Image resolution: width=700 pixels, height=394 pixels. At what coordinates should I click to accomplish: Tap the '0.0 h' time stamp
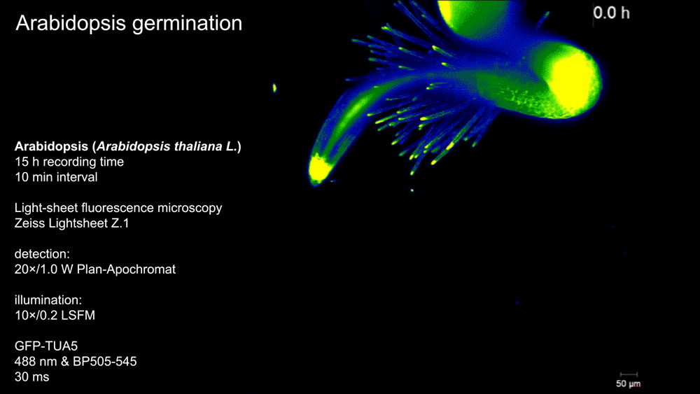[x=611, y=13]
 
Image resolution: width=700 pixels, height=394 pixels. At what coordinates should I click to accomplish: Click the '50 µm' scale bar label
[x=628, y=384]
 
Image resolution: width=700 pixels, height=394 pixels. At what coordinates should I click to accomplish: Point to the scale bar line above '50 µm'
[x=629, y=374]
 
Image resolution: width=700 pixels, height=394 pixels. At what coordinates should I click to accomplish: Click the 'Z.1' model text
[x=120, y=223]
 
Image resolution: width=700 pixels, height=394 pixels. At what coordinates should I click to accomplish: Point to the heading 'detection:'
[x=42, y=254]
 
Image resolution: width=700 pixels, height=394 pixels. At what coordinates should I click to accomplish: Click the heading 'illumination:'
[x=48, y=300]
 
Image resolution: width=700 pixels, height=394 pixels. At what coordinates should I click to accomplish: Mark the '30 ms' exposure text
[x=31, y=377]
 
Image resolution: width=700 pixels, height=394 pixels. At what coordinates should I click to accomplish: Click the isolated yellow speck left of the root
[x=274, y=88]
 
